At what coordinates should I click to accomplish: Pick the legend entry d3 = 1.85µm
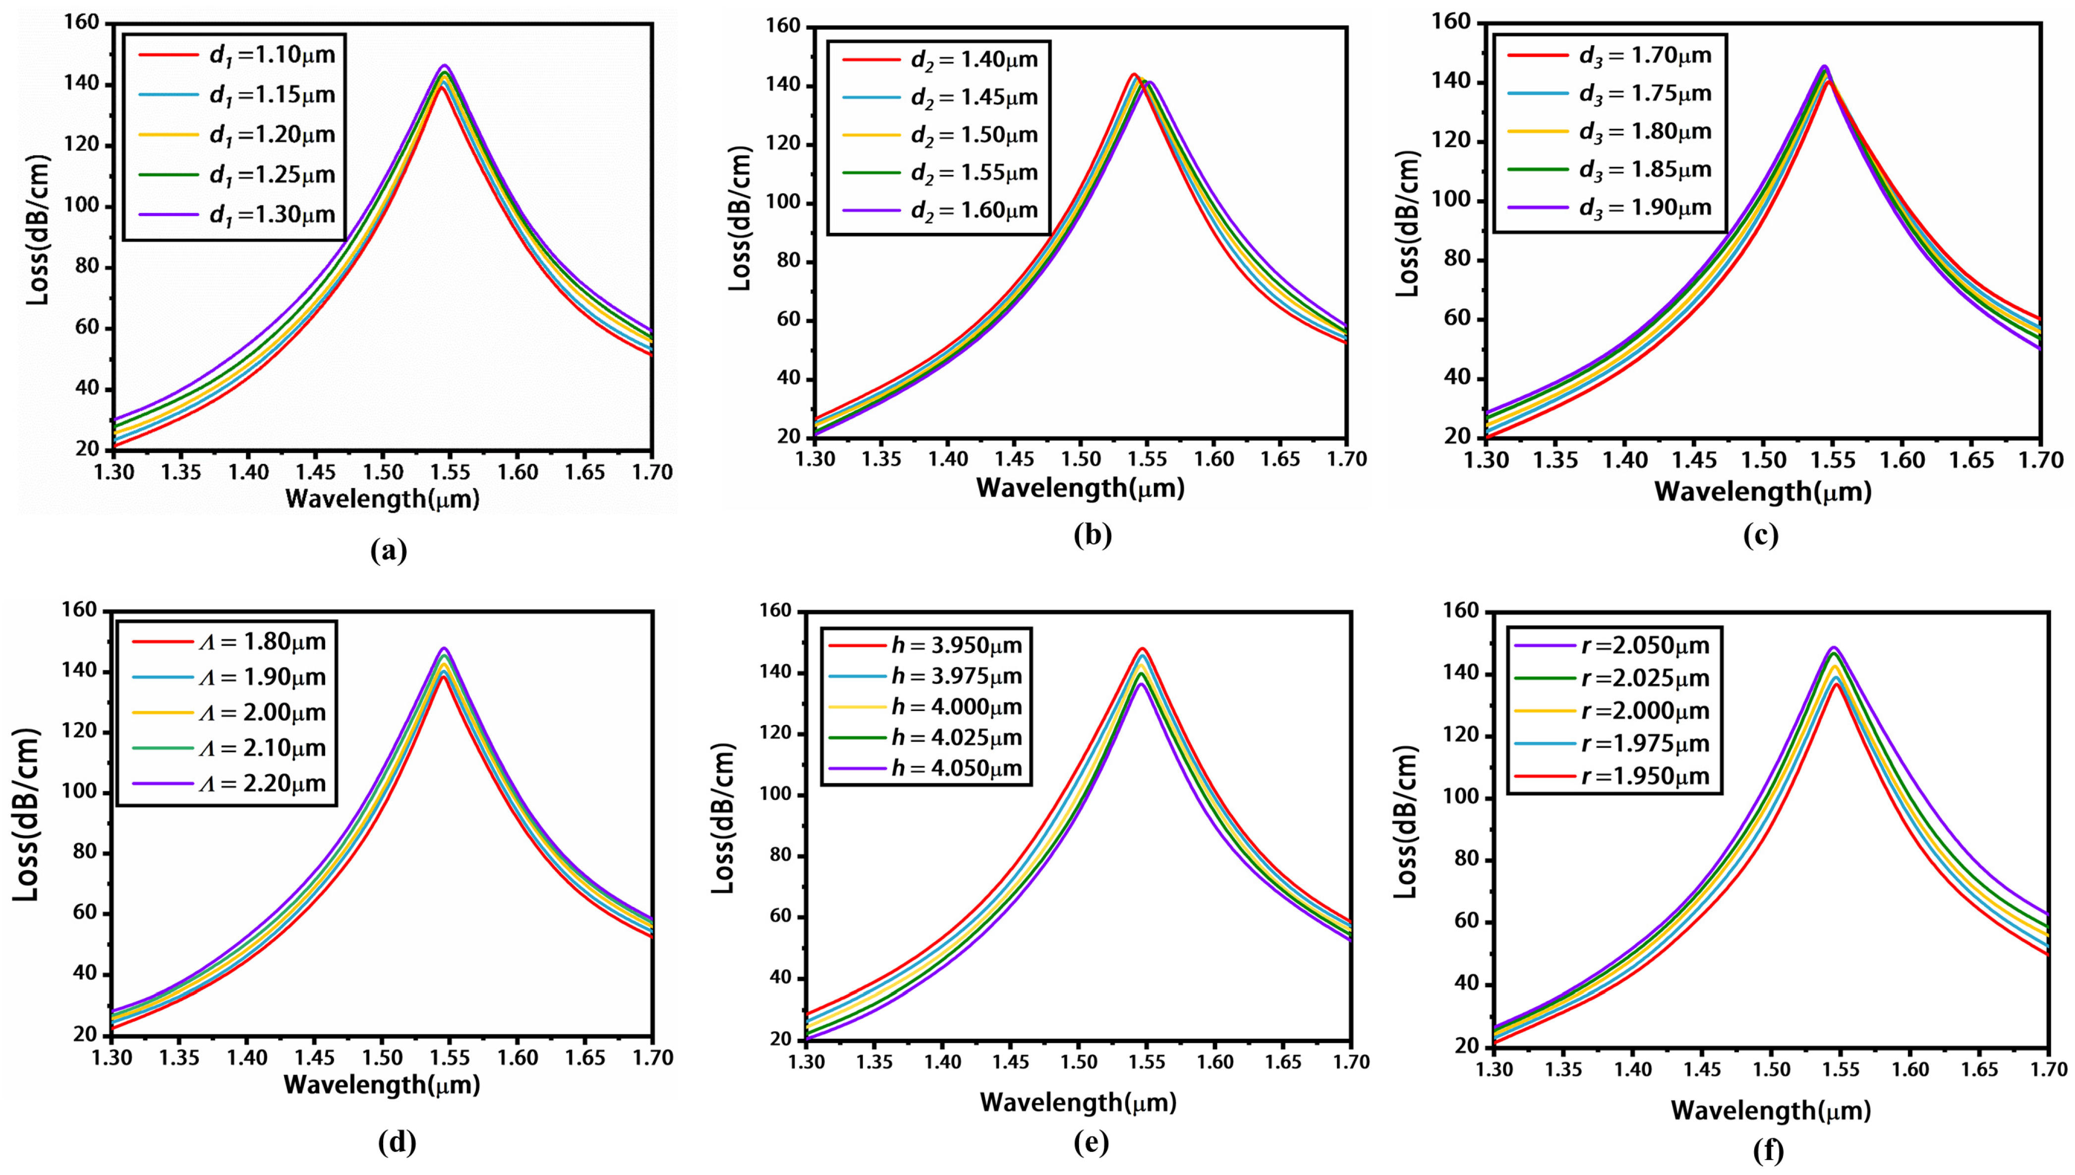pyautogui.click(x=1610, y=169)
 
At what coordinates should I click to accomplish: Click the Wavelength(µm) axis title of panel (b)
pyautogui.click(x=1080, y=488)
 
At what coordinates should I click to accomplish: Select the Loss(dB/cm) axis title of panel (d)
pyautogui.click(x=27, y=815)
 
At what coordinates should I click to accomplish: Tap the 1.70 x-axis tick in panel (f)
pyautogui.click(x=2047, y=1070)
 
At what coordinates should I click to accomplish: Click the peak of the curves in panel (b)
pyautogui.click(x=1135, y=75)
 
